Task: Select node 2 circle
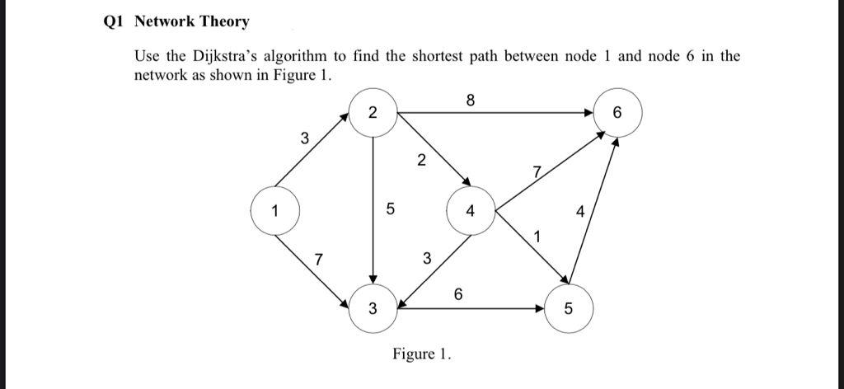373,113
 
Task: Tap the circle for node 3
373,309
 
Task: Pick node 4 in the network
471,211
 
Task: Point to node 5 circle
568,309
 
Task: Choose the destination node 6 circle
617,113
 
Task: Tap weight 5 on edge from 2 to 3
390,211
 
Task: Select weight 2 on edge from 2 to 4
421,160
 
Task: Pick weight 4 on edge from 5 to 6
580,212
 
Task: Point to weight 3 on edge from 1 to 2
304,139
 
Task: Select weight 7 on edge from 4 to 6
537,172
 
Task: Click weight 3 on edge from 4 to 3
425,260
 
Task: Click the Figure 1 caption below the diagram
422,354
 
